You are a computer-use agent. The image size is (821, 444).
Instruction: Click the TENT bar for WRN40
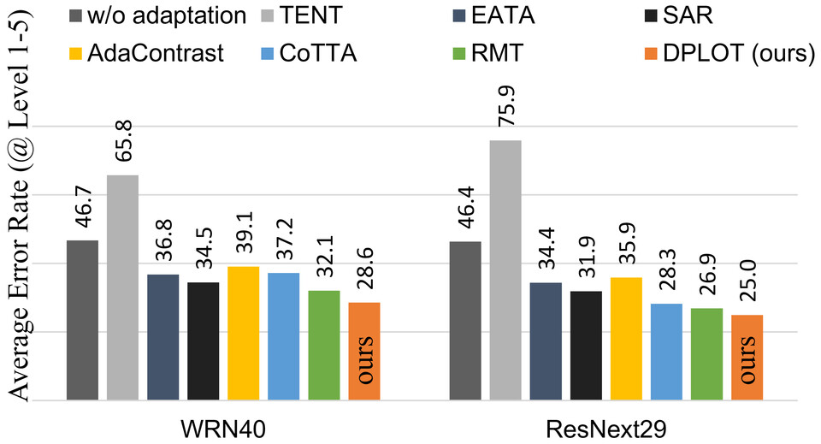tap(122, 287)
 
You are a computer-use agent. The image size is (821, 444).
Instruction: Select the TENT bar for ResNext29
tap(505, 270)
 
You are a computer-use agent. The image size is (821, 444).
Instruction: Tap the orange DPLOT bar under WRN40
tap(364, 351)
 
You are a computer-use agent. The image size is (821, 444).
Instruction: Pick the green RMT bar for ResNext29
tap(706, 354)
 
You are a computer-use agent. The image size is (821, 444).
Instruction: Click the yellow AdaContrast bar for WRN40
tap(244, 333)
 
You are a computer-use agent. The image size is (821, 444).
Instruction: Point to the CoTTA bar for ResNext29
tap(666, 352)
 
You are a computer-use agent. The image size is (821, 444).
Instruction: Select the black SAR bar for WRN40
tap(203, 340)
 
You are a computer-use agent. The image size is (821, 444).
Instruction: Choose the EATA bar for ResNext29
tap(546, 340)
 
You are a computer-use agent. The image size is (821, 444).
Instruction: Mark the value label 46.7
tap(82, 210)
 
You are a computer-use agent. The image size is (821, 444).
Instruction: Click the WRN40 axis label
tap(223, 425)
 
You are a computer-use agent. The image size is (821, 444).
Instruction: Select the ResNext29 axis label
tap(606, 425)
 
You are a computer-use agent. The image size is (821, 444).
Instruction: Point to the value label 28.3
tap(666, 274)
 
